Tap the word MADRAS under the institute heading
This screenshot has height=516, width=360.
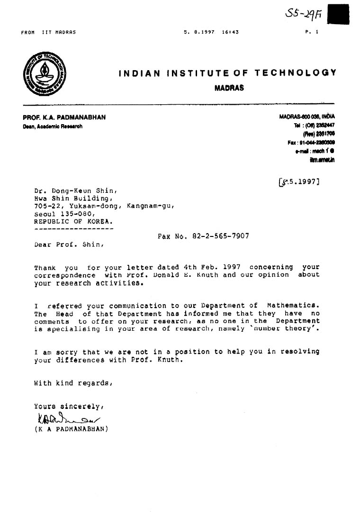coord(229,88)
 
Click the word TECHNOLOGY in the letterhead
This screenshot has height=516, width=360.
coord(296,73)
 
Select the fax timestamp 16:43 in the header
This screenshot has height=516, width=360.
coord(230,32)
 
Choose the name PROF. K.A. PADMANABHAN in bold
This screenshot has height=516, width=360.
coord(64,118)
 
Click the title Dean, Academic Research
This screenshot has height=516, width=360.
coord(53,127)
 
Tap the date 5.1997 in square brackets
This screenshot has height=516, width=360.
coord(299,181)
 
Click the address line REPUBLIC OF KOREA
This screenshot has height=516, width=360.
coord(73,221)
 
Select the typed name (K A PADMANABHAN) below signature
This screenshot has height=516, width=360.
coord(72,429)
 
